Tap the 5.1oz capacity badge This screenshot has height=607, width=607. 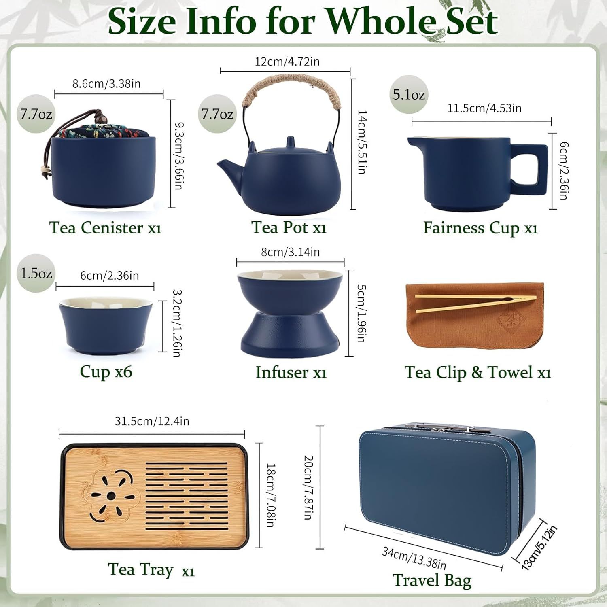(409, 95)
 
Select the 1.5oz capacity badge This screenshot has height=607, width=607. (36, 273)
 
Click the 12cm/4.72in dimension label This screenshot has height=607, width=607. (287, 62)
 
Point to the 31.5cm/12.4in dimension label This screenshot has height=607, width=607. (152, 421)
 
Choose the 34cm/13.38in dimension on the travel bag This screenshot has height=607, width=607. (414, 558)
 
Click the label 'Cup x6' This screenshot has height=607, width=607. (106, 371)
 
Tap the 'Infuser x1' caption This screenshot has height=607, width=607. (291, 372)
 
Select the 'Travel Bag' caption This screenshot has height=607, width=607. (432, 580)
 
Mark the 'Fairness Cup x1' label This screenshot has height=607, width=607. (480, 228)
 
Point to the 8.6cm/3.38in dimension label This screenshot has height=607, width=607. (106, 84)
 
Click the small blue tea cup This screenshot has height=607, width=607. (106, 325)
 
